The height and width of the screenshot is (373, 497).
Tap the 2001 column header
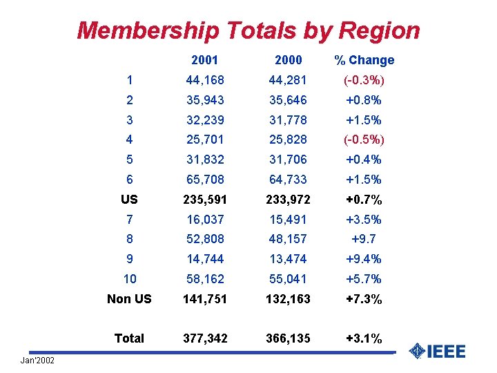click(205, 60)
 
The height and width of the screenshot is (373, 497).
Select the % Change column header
click(364, 60)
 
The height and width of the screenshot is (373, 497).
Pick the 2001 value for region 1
click(205, 80)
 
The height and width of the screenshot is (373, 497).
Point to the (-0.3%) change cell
click(364, 80)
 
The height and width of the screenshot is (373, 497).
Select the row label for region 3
click(129, 120)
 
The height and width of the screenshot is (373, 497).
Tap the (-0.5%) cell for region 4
click(364, 140)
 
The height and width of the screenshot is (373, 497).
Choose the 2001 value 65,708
click(205, 180)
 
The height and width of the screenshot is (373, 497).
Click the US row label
click(129, 200)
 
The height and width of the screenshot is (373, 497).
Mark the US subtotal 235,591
click(205, 200)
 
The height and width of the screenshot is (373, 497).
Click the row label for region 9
click(129, 259)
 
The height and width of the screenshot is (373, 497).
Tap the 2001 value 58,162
click(205, 279)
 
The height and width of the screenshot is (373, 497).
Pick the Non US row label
click(129, 299)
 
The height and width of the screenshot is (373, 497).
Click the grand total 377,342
click(205, 338)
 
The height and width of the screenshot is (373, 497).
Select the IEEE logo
click(437, 351)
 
